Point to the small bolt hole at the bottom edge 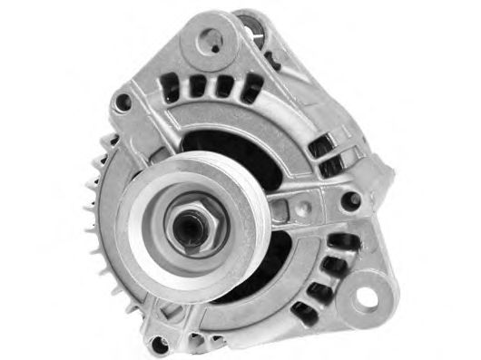[x=161, y=342]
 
